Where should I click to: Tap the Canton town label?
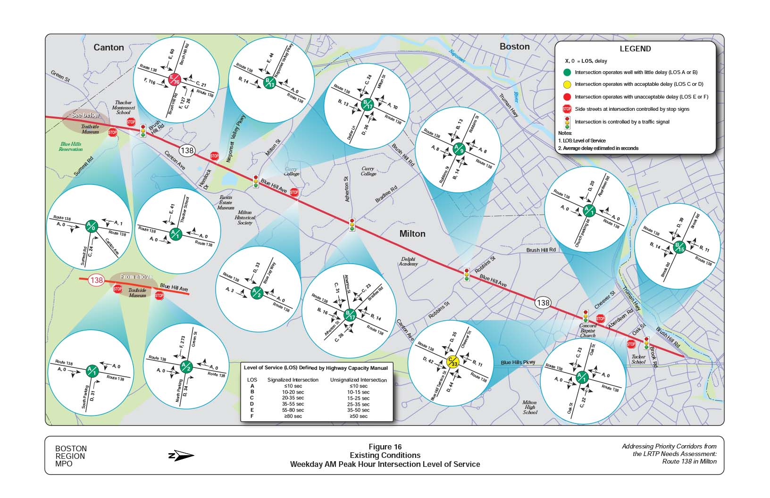click(109, 47)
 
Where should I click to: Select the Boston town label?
click(514, 46)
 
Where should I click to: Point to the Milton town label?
click(412, 233)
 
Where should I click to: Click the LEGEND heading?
click(635, 49)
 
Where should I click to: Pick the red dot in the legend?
click(567, 97)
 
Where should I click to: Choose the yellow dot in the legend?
click(567, 84)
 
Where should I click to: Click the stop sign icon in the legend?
click(567, 109)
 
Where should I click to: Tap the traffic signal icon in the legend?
click(567, 122)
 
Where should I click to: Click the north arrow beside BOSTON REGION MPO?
click(181, 456)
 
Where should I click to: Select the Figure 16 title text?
click(385, 447)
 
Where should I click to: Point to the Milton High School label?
click(530, 407)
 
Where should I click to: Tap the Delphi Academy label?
click(409, 261)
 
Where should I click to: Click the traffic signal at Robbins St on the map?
click(467, 275)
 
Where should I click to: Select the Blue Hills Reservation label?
click(71, 147)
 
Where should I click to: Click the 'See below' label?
click(85, 115)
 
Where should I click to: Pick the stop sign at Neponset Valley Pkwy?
click(214, 156)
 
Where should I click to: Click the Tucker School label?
click(638, 359)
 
